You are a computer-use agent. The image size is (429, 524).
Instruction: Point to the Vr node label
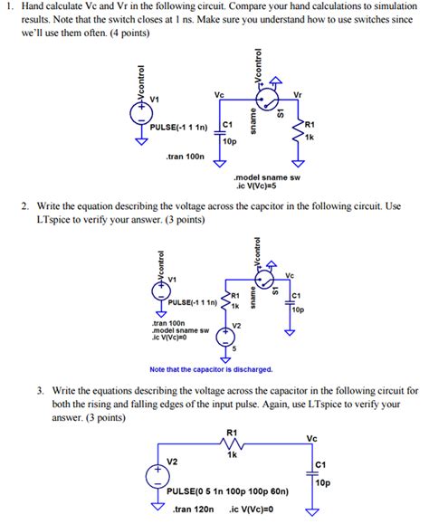[299, 93]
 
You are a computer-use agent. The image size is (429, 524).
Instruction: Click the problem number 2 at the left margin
[25, 207]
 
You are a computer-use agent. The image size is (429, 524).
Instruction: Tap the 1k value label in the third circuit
[232, 455]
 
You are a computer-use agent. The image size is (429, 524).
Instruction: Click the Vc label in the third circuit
[312, 439]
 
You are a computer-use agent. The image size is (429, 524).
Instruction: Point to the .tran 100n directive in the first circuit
[187, 157]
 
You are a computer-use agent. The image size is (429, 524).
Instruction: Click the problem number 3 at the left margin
[42, 392]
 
